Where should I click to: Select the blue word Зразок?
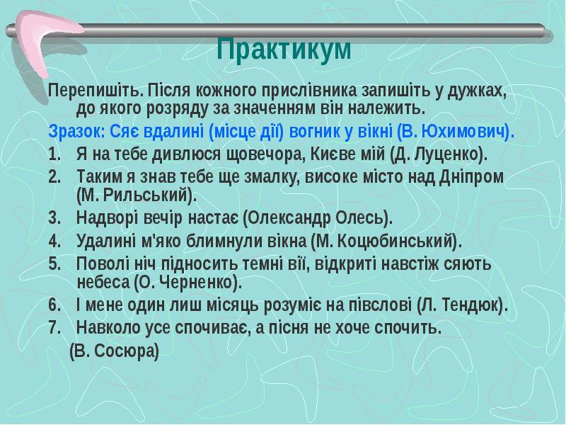tap(73, 132)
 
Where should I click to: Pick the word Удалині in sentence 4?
tap(104, 240)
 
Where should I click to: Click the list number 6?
tap(54, 305)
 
